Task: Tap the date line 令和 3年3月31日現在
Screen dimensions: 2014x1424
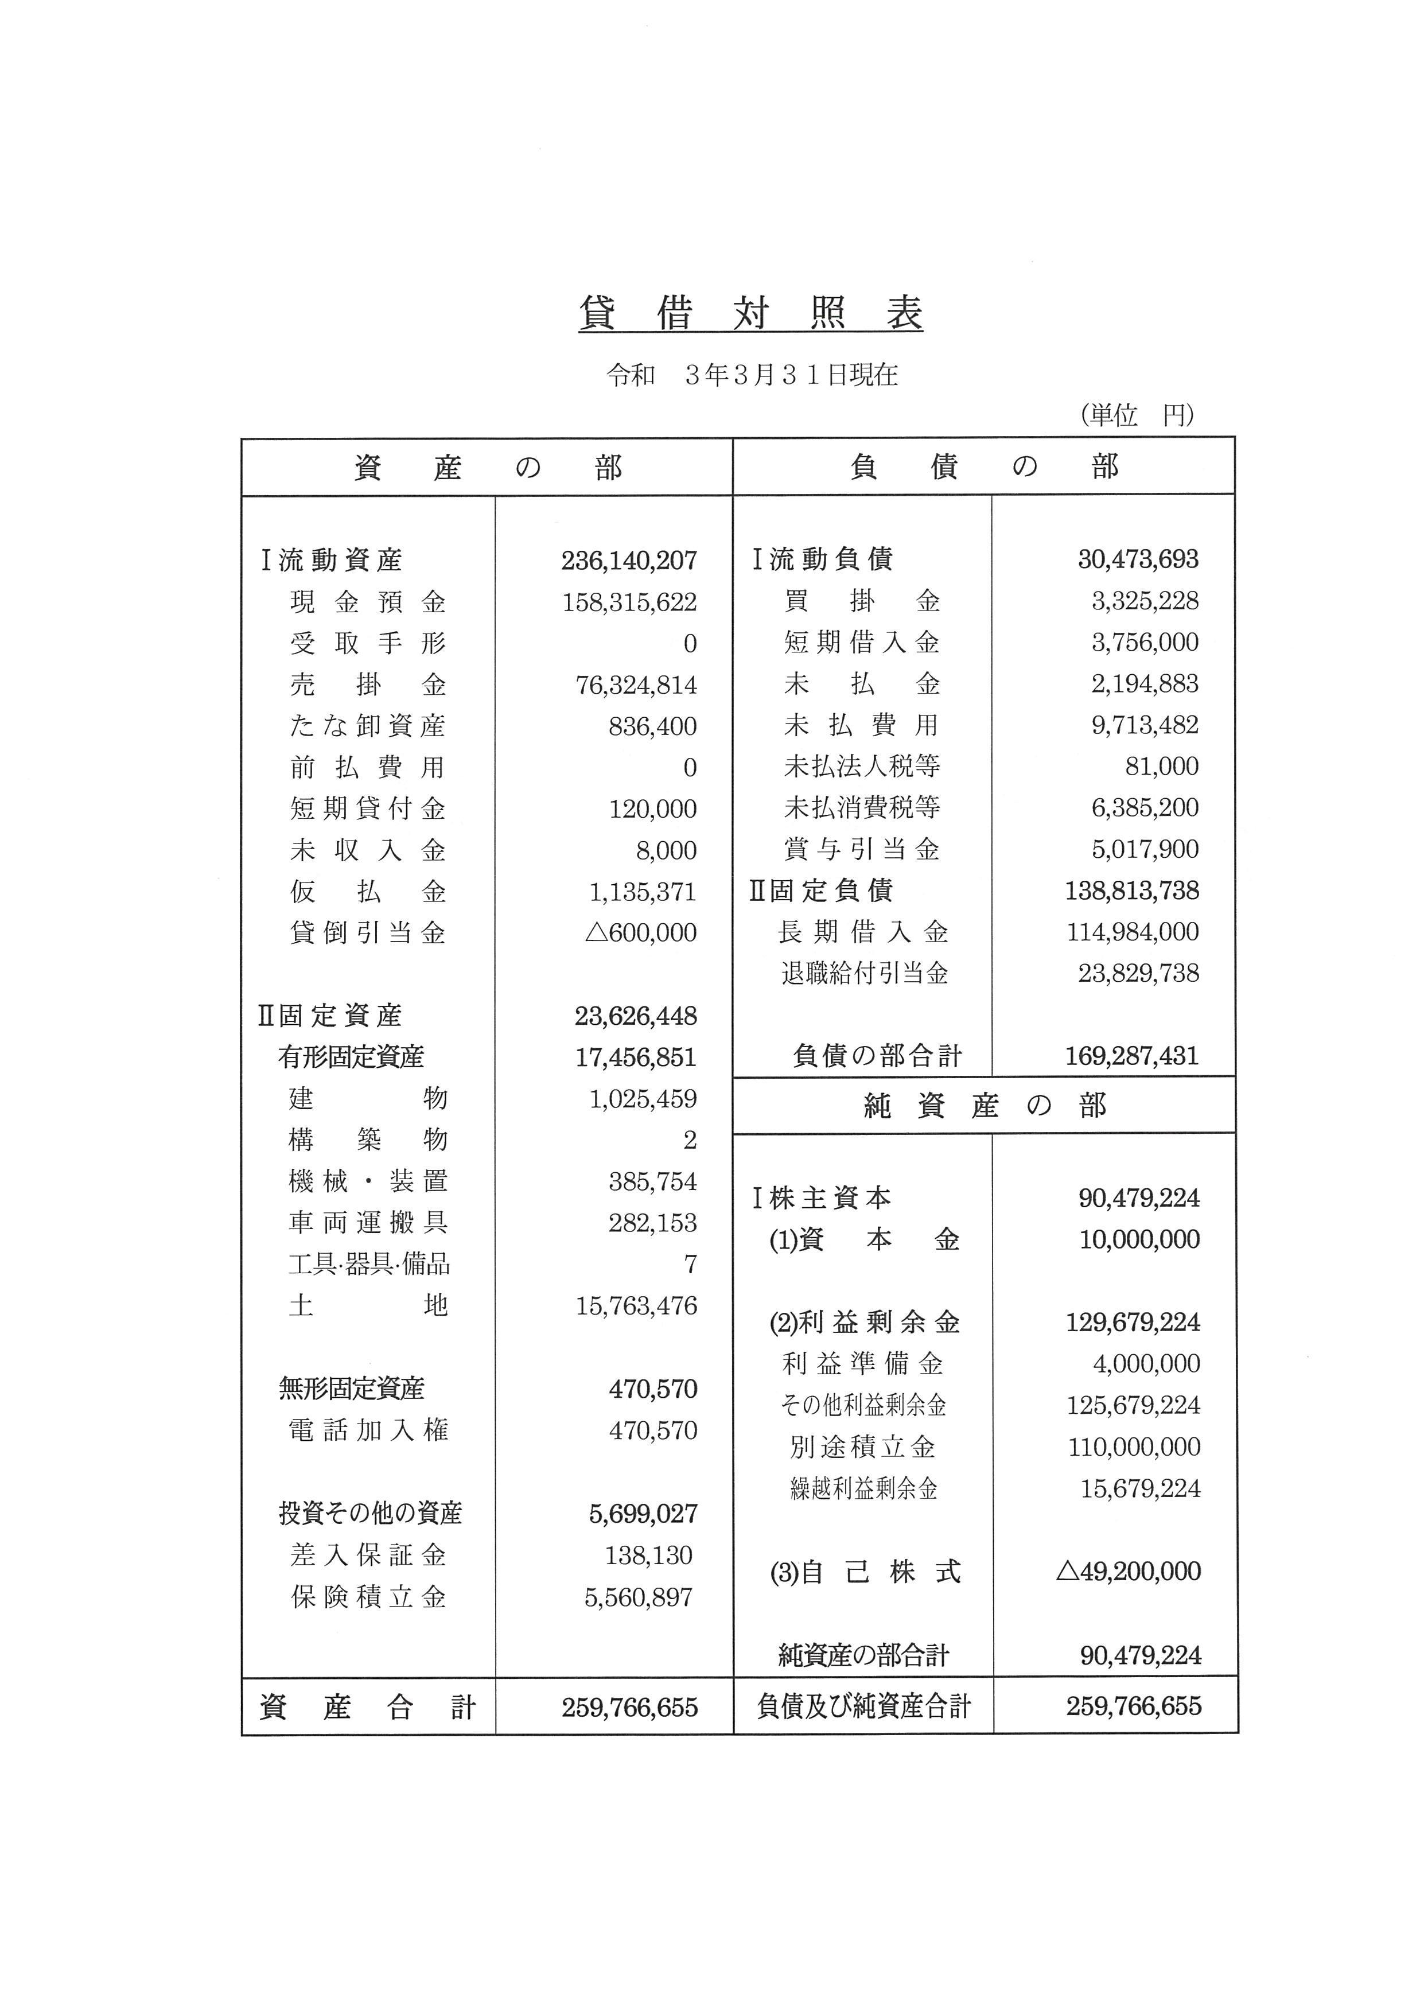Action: click(752, 375)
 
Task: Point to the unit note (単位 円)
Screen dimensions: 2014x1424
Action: click(1137, 414)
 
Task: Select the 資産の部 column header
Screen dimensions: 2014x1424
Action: click(488, 468)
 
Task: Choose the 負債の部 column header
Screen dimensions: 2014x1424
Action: click(984, 466)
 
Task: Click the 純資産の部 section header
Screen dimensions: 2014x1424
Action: click(984, 1106)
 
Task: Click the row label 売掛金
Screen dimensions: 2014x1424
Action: click(368, 684)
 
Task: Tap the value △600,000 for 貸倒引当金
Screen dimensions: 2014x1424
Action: click(641, 932)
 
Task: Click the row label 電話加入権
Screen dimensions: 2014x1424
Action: click(368, 1430)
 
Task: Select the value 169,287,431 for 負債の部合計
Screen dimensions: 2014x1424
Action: click(1131, 1055)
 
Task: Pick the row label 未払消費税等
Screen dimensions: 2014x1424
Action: click(862, 807)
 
